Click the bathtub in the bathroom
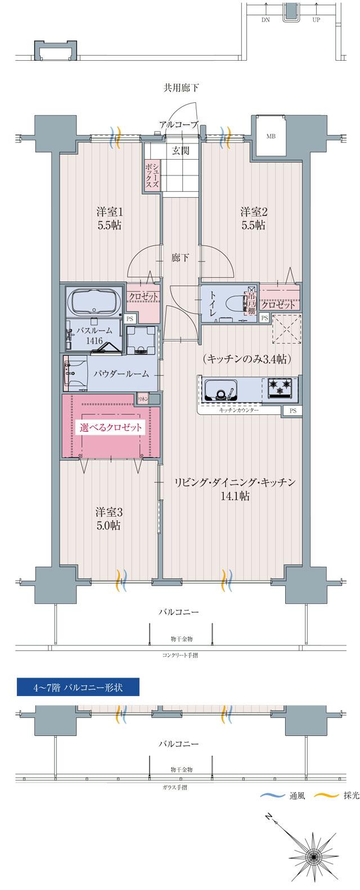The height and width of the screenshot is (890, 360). pyautogui.click(x=93, y=301)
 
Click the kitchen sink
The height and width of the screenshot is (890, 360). pyautogui.click(x=221, y=389)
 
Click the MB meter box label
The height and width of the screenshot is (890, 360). pyautogui.click(x=271, y=135)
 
